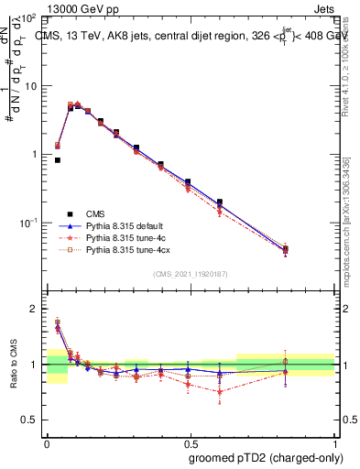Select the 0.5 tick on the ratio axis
[x=33, y=420]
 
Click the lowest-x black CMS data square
[x=57, y=160]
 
